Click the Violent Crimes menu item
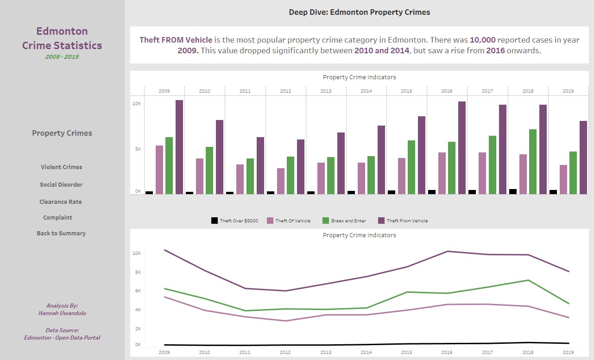pos(61,167)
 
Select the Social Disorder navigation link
pos(61,184)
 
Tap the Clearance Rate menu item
pos(61,202)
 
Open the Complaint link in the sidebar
pos(57,218)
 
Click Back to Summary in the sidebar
pos(61,234)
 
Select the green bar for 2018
pos(532,162)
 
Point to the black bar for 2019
pos(553,192)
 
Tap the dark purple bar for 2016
pos(462,148)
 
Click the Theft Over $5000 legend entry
pos(234,221)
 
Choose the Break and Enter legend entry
pos(344,221)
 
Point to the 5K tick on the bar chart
pos(137,149)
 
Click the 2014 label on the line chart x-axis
pos(366,353)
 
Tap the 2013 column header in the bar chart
pos(326,91)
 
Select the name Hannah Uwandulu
pos(62,313)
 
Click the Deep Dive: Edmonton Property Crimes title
pos(359,13)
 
